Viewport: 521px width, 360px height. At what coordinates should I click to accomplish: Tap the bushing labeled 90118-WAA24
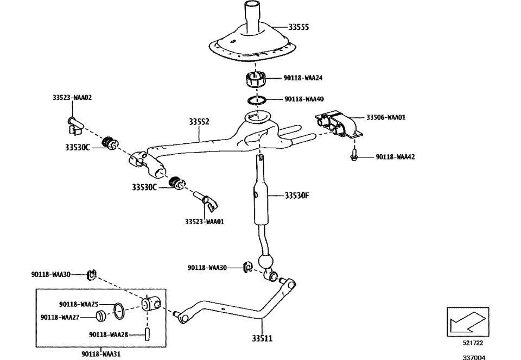click(255, 81)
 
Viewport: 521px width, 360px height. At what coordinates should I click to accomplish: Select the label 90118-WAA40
click(304, 99)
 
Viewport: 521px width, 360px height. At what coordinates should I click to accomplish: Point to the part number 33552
click(199, 122)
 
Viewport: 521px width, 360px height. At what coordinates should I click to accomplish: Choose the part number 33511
click(262, 339)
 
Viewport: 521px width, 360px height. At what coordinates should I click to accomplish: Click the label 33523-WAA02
click(72, 98)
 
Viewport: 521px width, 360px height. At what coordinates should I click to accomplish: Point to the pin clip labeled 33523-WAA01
click(208, 202)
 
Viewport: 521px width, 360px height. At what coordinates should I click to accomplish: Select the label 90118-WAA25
click(79, 305)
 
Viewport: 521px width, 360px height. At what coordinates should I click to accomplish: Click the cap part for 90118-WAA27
click(101, 317)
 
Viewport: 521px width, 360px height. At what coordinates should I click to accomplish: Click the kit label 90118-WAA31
click(101, 354)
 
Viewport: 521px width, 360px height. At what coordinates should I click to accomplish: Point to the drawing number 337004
click(474, 357)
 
